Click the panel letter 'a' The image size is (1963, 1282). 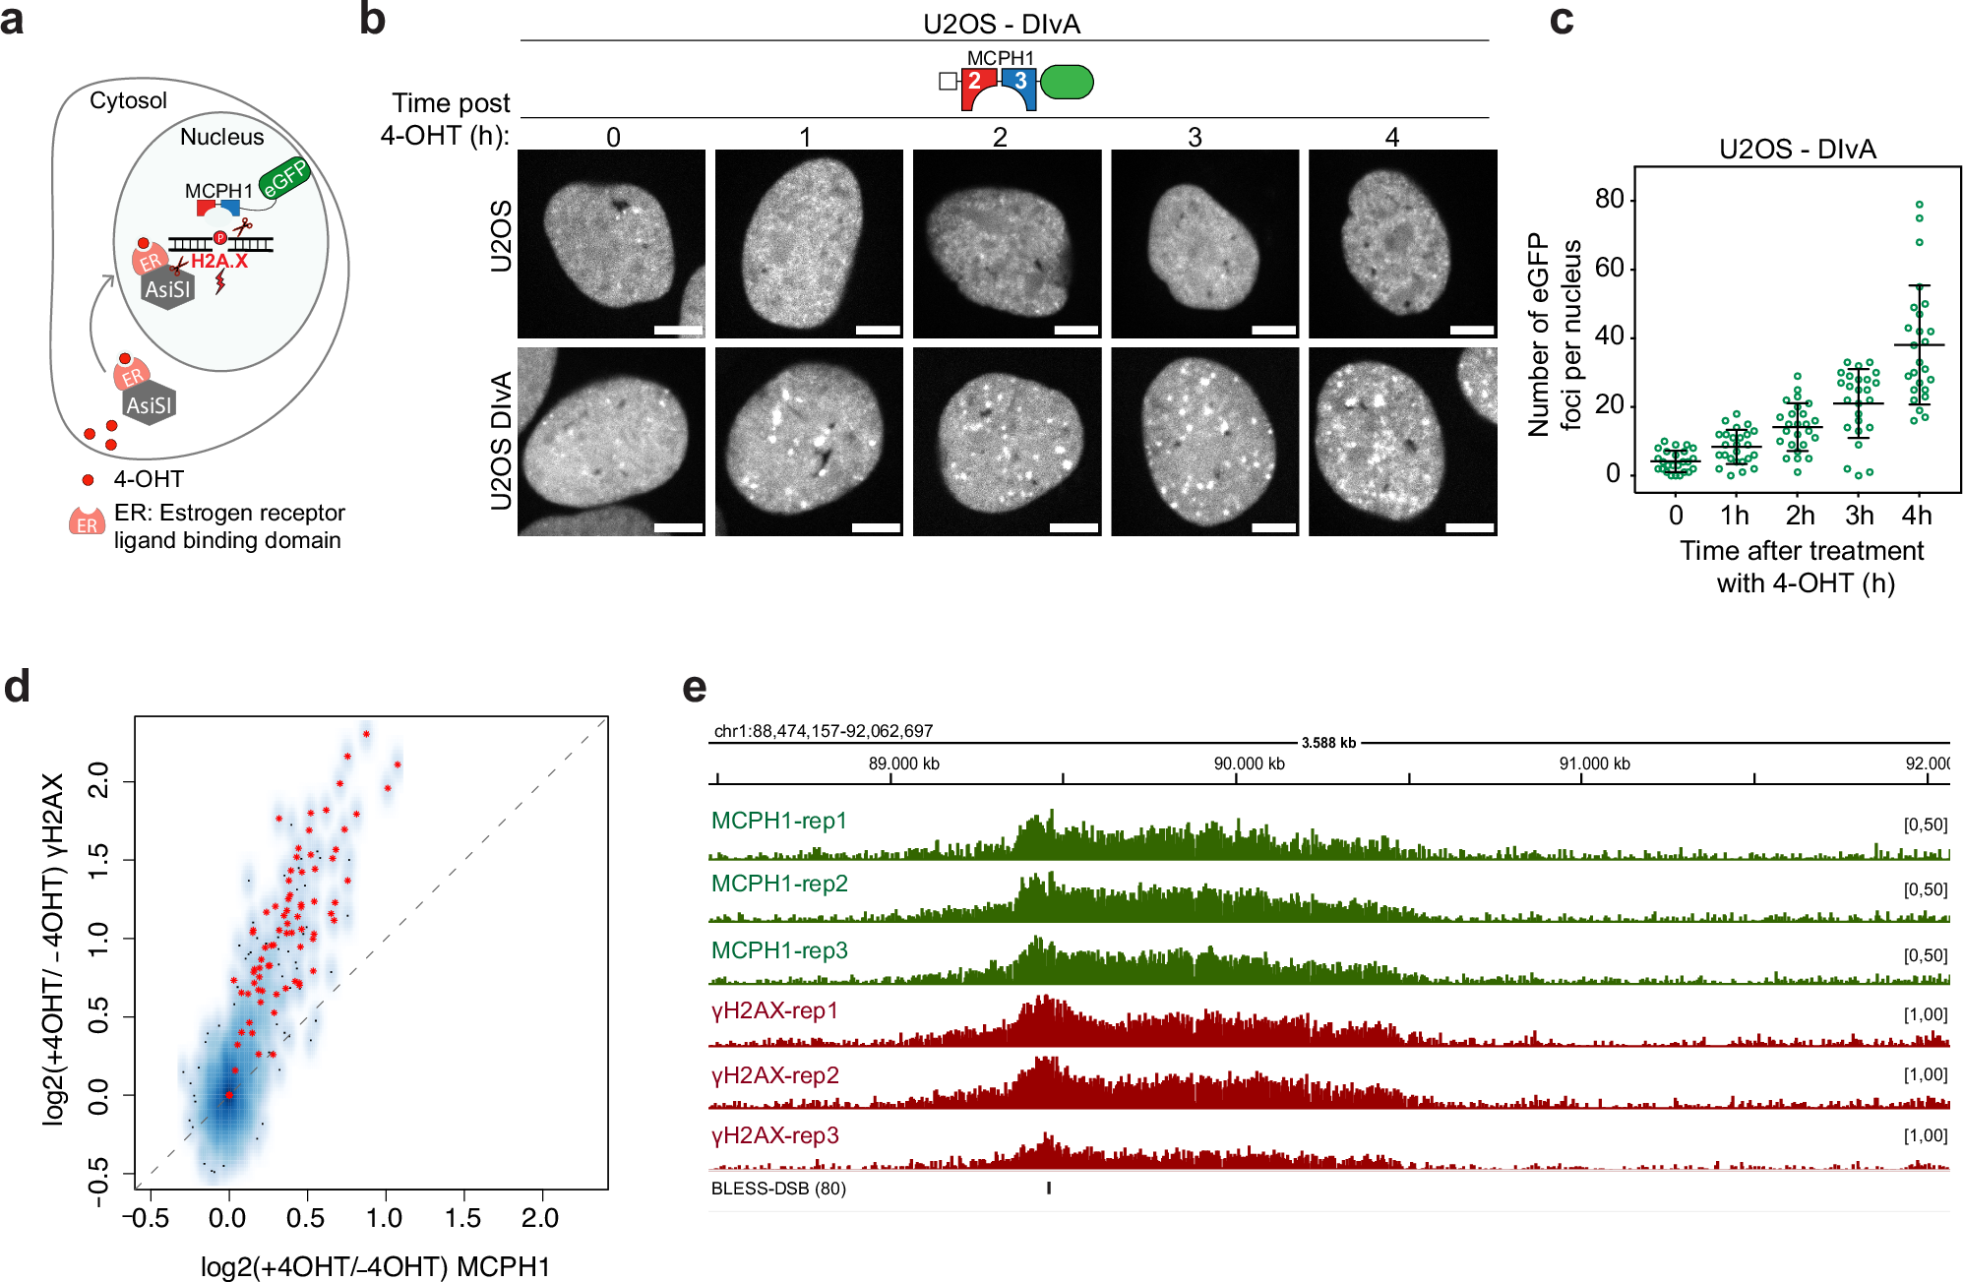tap(12, 20)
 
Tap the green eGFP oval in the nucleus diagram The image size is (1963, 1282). tap(284, 178)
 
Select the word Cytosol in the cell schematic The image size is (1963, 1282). tap(128, 100)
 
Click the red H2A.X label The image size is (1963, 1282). tap(218, 261)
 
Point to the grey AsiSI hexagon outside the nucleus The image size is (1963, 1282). tap(149, 404)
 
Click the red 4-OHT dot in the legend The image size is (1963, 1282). tap(88, 480)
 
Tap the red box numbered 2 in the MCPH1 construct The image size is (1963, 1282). tap(974, 82)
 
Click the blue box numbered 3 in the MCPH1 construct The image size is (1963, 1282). tap(1020, 82)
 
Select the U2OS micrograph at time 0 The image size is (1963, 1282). tap(611, 243)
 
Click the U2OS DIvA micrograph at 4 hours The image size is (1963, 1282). tap(1402, 441)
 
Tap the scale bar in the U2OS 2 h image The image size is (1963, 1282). tap(1075, 330)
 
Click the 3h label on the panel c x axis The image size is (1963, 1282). tap(1859, 516)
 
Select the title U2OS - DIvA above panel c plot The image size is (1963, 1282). tap(1797, 150)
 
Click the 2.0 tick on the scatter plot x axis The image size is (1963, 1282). tap(540, 1218)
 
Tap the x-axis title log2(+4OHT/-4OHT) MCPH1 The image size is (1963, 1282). tap(375, 1266)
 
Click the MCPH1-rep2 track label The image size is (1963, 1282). tap(779, 884)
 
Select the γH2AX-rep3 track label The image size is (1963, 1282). tap(775, 1135)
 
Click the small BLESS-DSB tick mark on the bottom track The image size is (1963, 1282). tap(1049, 1188)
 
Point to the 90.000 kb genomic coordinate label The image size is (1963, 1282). tap(1249, 763)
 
